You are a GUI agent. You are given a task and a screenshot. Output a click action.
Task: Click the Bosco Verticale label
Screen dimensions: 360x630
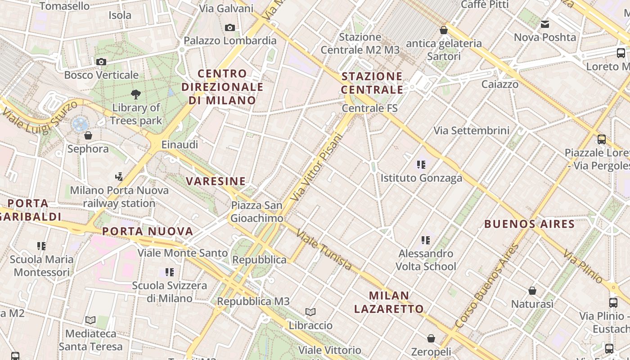coord(101,75)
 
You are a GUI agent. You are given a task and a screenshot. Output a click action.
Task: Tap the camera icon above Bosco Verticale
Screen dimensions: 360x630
coord(101,62)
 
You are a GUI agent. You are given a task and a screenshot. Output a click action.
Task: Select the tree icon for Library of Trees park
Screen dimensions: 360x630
coord(135,94)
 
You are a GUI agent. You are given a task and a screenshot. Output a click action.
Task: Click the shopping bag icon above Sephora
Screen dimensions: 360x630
coord(88,135)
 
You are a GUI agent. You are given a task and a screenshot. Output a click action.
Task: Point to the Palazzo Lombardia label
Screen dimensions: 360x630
coord(230,40)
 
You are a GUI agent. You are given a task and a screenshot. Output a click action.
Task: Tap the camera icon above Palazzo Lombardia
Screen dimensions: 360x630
coord(230,28)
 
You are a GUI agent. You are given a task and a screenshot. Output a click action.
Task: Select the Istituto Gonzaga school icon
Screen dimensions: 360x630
coord(421,165)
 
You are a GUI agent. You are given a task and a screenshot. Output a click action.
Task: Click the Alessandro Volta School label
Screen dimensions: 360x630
coord(426,260)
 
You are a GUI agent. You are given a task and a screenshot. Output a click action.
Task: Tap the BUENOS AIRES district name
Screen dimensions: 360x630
coord(529,224)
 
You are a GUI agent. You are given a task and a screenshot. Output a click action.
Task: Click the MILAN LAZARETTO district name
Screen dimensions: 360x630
coord(389,302)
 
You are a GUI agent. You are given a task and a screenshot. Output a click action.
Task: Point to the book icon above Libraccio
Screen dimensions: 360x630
coord(310,312)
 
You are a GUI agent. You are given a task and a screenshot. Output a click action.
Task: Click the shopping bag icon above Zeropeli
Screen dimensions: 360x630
coord(431,338)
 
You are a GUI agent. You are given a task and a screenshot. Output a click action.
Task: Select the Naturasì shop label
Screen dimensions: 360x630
coord(532,304)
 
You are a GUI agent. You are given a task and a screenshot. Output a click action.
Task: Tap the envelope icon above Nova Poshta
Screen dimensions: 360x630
coord(545,24)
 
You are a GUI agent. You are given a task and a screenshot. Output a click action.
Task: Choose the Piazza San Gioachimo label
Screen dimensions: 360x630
coord(256,211)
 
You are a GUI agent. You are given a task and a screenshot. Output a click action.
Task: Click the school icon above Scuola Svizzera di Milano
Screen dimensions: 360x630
coord(170,272)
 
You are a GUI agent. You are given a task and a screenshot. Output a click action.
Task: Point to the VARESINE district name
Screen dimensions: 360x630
coord(216,181)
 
